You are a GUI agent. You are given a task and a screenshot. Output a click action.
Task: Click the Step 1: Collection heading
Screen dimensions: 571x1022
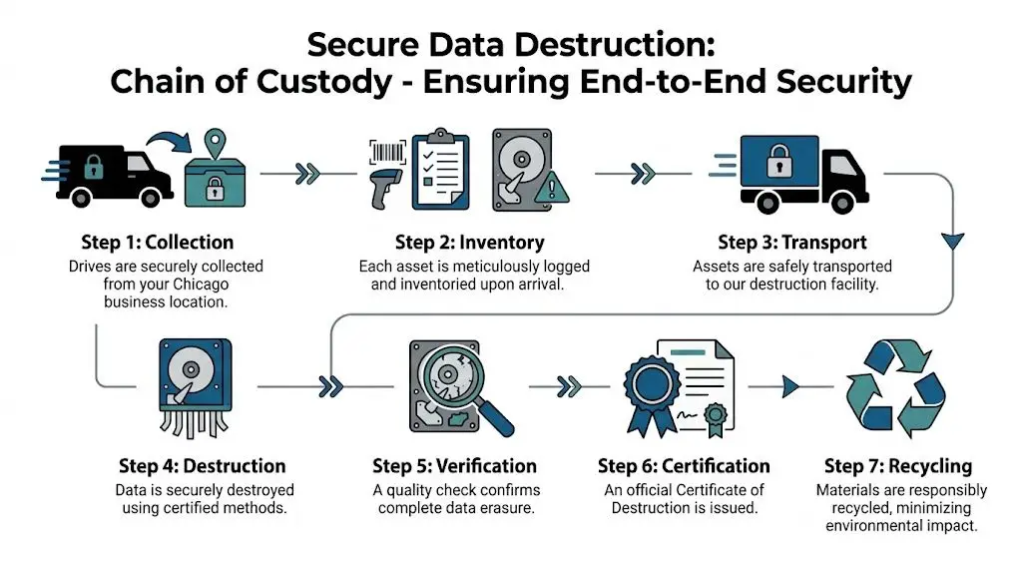point(158,243)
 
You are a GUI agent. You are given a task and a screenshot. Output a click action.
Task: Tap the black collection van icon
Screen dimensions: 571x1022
point(104,171)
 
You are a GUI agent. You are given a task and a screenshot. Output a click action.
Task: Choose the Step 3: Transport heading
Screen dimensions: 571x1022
point(792,243)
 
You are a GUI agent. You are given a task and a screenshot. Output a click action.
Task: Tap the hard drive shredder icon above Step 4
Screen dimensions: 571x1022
point(195,384)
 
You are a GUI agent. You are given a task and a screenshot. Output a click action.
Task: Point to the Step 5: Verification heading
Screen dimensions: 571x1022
point(454,466)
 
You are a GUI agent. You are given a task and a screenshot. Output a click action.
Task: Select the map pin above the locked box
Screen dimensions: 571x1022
point(214,143)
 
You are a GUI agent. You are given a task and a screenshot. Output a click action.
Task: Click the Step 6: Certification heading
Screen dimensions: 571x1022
point(684,466)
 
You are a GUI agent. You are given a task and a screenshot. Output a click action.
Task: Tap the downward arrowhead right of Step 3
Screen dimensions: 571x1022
point(953,241)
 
